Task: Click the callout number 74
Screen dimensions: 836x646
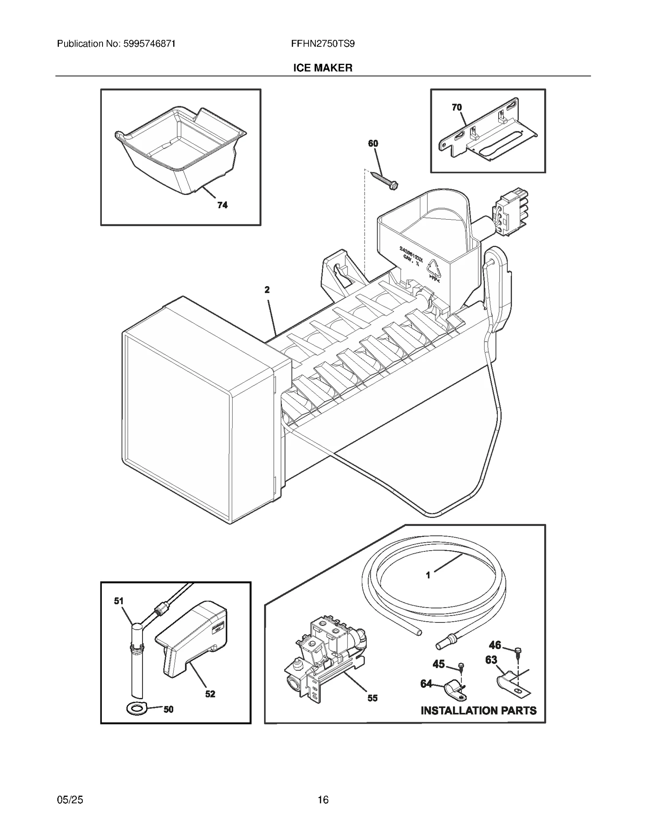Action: tap(222, 205)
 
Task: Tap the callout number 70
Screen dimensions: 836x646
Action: tap(457, 107)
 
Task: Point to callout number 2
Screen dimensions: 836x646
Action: tap(267, 290)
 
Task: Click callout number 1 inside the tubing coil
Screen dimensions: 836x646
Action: tap(428, 575)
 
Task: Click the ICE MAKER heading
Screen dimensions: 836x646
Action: tap(323, 68)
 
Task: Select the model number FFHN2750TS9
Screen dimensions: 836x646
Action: tap(323, 44)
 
